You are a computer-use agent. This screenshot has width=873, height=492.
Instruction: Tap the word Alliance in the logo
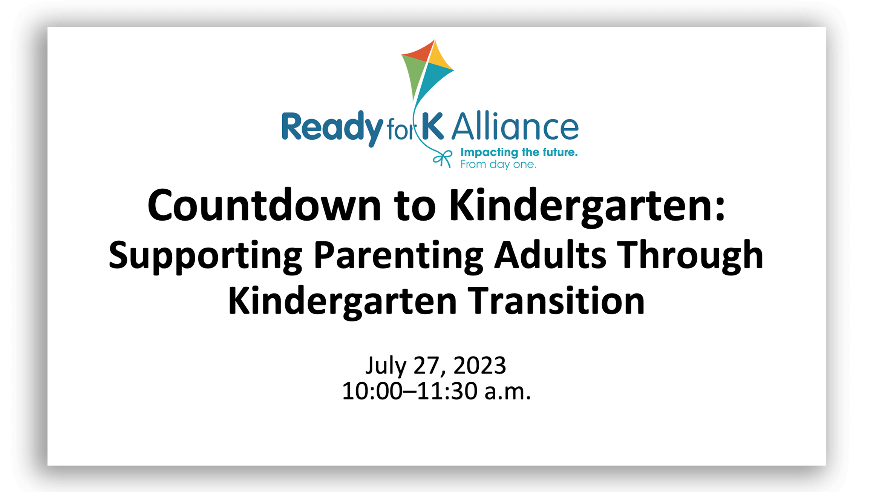pyautogui.click(x=515, y=126)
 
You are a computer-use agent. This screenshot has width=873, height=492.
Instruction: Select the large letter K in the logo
pyautogui.click(x=432, y=126)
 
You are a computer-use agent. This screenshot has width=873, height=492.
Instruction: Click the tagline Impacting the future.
pyautogui.click(x=519, y=152)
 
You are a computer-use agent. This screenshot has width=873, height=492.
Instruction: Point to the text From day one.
pyautogui.click(x=498, y=165)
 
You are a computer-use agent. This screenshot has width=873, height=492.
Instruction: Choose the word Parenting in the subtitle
pyautogui.click(x=398, y=256)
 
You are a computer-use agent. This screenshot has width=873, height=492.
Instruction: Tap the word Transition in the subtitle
pyautogui.click(x=556, y=300)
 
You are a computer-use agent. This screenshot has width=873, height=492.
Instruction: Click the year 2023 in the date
pyautogui.click(x=479, y=365)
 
